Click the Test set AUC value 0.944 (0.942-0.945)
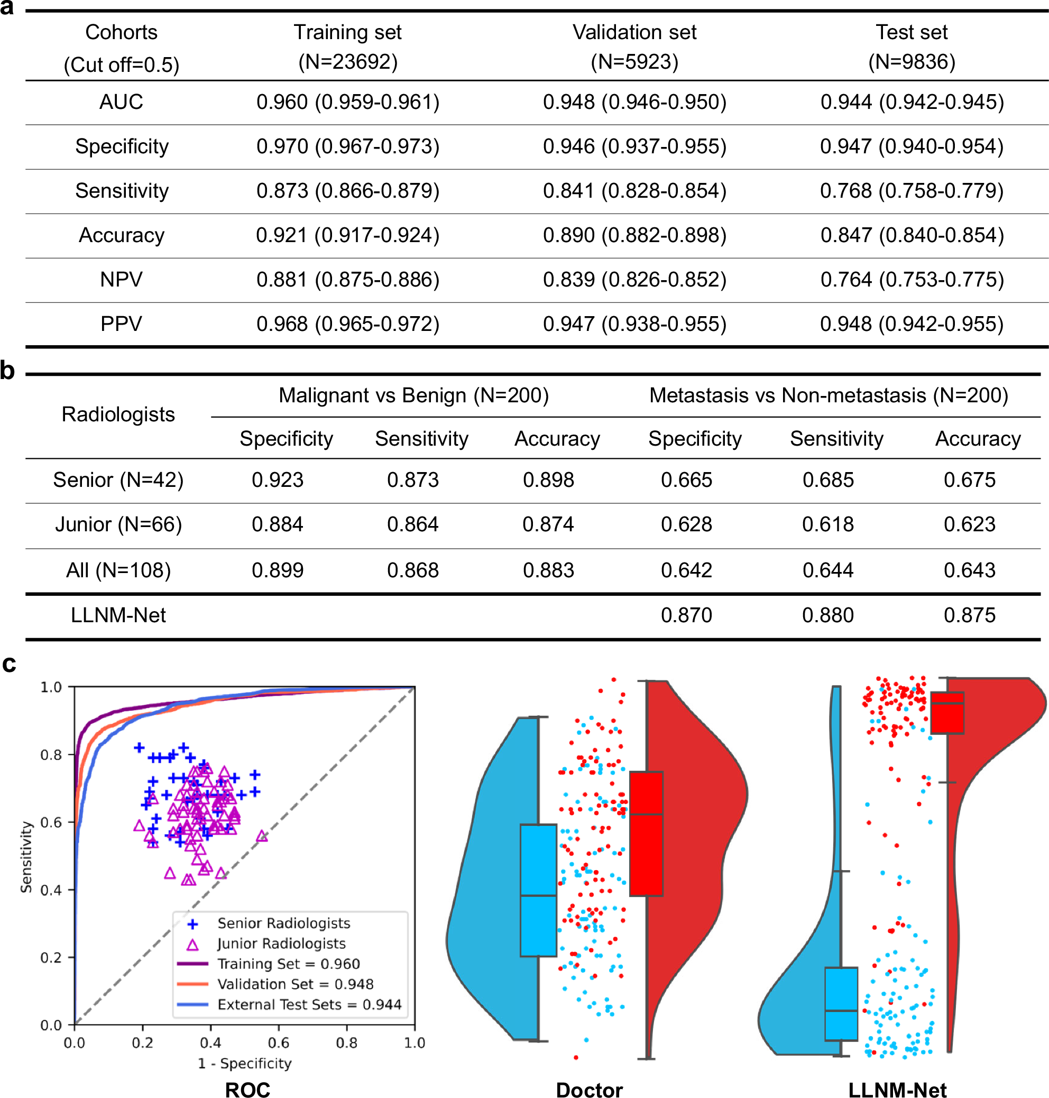(x=912, y=102)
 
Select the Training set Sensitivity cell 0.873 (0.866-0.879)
(x=348, y=191)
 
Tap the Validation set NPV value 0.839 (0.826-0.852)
(x=634, y=280)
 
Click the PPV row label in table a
(x=121, y=324)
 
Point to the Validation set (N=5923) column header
(x=634, y=47)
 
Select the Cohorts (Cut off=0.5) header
(x=121, y=48)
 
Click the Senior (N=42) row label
(x=118, y=479)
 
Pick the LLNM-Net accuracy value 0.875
(x=969, y=615)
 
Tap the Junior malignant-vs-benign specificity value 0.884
(x=278, y=524)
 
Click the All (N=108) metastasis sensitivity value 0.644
(x=827, y=570)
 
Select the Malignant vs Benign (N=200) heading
(x=414, y=395)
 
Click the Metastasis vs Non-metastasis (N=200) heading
(x=829, y=395)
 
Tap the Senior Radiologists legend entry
(x=283, y=923)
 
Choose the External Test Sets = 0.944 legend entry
(x=309, y=1004)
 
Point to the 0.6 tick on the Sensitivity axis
(x=51, y=823)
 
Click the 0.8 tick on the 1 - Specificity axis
(x=347, y=1042)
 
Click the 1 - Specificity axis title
(x=245, y=1063)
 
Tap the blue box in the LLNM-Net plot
(x=841, y=1003)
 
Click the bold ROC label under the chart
(x=247, y=1090)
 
